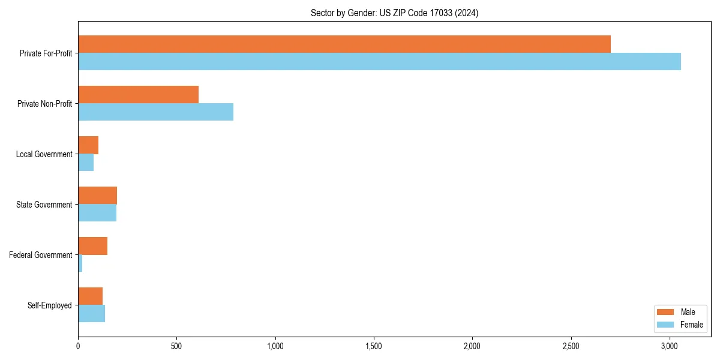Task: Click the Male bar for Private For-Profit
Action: [x=344, y=44]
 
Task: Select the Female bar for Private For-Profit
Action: [x=379, y=61]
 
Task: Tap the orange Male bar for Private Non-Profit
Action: [x=138, y=94]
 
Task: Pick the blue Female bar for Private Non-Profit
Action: [x=155, y=112]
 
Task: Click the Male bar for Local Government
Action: [x=88, y=145]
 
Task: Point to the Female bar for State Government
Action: [x=97, y=212]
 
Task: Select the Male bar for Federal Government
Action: [x=92, y=245]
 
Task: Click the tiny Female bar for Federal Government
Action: [x=80, y=263]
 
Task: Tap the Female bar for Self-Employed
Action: [x=91, y=313]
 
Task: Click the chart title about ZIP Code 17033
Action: [x=394, y=13]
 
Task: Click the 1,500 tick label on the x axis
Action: [x=374, y=346]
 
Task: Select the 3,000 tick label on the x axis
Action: [x=670, y=346]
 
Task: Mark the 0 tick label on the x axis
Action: [x=78, y=346]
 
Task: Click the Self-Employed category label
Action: [x=50, y=305]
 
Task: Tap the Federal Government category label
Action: [x=41, y=255]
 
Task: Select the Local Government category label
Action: [x=44, y=154]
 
